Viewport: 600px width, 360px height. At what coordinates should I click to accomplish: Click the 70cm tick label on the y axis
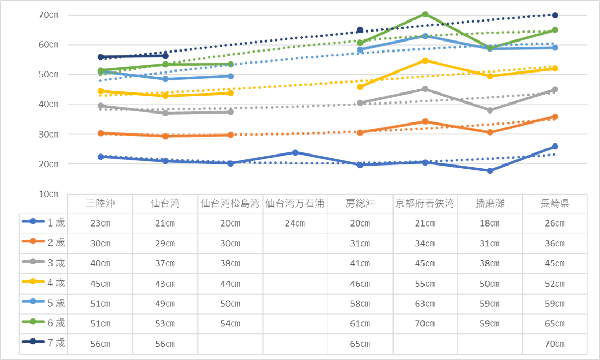click(48, 15)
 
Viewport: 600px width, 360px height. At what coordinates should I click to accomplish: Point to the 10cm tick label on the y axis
click(48, 194)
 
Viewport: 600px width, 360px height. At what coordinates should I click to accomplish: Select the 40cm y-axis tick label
click(48, 105)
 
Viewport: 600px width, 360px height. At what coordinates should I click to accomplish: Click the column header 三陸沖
click(100, 203)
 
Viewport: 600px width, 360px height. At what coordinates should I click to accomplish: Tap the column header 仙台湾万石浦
click(295, 203)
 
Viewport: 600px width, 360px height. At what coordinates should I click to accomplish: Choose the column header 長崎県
click(555, 203)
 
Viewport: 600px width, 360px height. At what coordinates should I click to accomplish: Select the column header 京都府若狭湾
click(425, 203)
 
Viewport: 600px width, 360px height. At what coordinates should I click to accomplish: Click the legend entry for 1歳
click(44, 222)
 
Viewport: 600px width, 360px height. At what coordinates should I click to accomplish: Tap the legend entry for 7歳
click(44, 343)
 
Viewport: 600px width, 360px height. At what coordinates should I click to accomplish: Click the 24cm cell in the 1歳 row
click(295, 223)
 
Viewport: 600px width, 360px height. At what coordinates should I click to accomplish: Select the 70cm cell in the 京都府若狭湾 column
click(425, 324)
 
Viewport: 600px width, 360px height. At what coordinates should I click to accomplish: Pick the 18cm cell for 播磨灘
click(490, 223)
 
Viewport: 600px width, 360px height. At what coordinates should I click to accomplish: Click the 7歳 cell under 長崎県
click(555, 344)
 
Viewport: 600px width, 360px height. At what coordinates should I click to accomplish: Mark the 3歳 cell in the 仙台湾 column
click(165, 264)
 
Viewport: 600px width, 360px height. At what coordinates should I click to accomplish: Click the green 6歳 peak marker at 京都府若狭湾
click(425, 14)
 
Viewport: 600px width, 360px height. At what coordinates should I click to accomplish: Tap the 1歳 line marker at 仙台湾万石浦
click(295, 153)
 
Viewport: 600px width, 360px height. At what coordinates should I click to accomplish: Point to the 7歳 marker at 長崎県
click(555, 15)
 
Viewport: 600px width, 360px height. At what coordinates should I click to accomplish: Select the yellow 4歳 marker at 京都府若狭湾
click(425, 60)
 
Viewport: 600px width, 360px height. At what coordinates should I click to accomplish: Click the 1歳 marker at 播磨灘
click(490, 171)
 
